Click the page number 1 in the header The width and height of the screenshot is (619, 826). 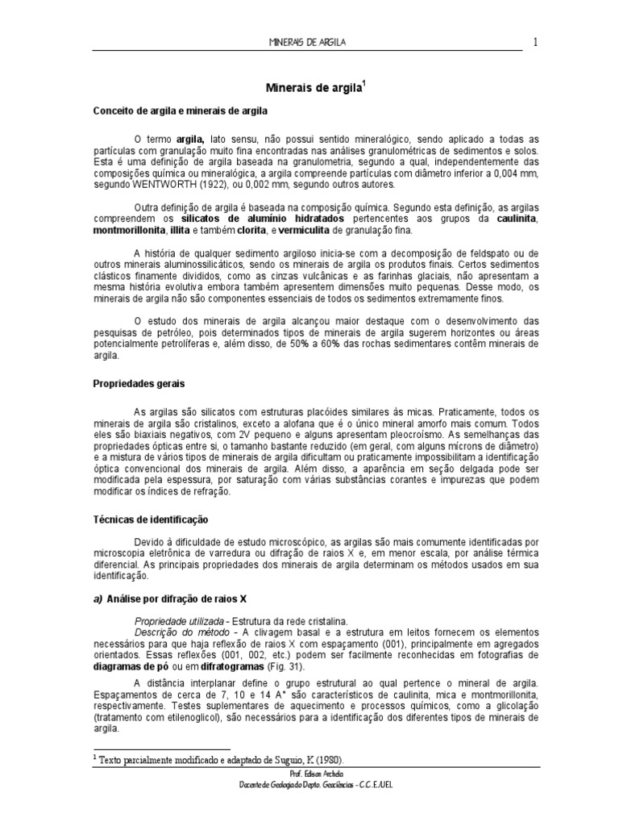534,42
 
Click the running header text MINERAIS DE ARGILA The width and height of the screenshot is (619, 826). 308,42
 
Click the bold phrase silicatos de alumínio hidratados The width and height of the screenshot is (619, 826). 264,219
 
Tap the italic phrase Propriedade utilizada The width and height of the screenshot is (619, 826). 179,621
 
